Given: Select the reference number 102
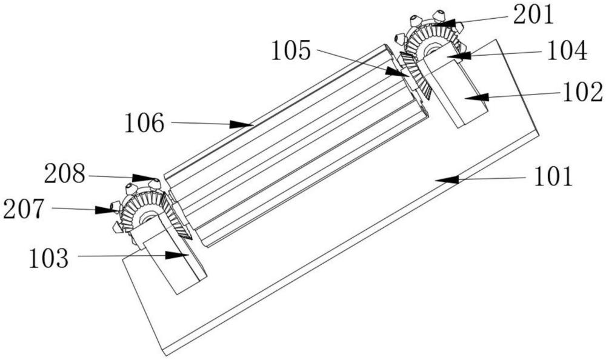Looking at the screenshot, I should [x=581, y=92].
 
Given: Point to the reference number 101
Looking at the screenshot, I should [x=553, y=177].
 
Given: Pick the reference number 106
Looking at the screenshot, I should [x=145, y=124].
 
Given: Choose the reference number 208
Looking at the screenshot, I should [x=64, y=176].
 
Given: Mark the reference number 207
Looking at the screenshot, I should [x=25, y=208].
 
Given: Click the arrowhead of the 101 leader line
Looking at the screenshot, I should [x=438, y=179].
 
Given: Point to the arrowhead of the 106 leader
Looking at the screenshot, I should [x=251, y=125].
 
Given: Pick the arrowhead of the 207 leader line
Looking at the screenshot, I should [x=114, y=210].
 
